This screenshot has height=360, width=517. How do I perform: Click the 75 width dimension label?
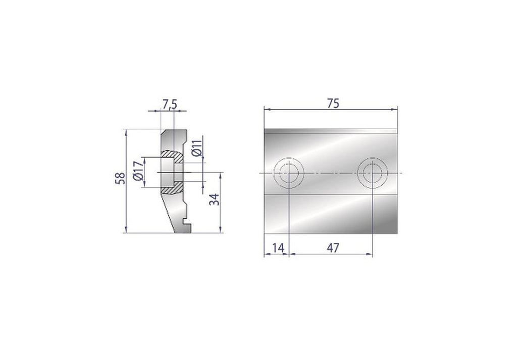[x=332, y=102]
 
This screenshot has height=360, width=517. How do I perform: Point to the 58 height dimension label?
[x=120, y=179]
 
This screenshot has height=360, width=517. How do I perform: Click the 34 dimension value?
[x=215, y=199]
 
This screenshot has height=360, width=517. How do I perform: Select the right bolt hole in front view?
[x=373, y=173]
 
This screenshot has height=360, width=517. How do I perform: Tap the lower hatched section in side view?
[x=173, y=189]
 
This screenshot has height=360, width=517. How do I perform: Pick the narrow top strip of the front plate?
[x=330, y=131]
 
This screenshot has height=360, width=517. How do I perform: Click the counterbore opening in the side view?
[x=166, y=172]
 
